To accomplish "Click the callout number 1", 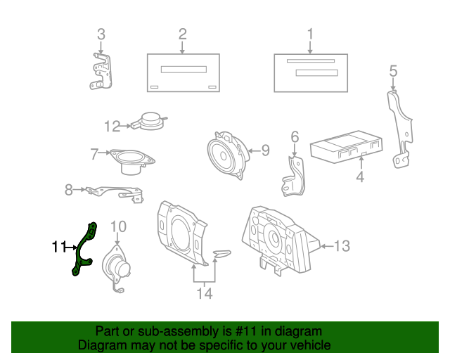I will coord(309,34).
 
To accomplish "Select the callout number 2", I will coord(182,34).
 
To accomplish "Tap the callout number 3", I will coord(101,34).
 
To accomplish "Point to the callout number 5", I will coord(393,70).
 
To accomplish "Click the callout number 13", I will coord(341,246).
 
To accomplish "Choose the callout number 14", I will coord(204,294).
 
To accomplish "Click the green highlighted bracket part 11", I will coord(84,249).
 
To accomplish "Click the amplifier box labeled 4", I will coord(347,147).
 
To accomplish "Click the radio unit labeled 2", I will coord(182,72).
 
